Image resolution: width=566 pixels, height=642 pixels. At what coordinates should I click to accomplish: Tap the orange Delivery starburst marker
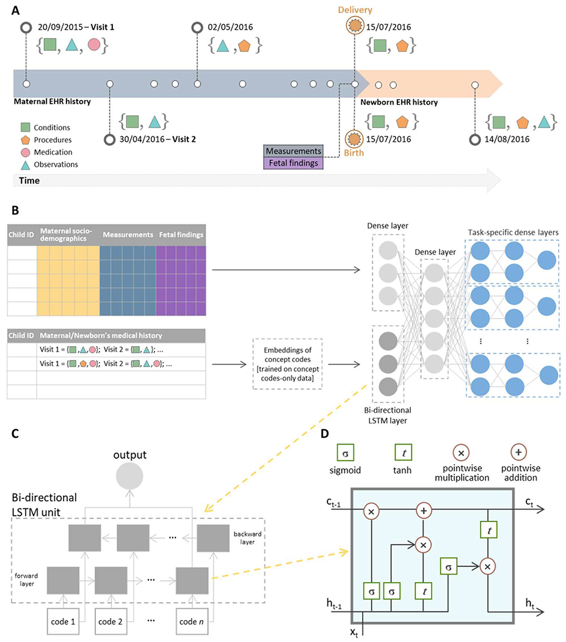[x=355, y=26]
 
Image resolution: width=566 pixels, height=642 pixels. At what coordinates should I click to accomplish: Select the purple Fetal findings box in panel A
[x=293, y=163]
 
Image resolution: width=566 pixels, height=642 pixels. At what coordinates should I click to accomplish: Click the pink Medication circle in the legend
[x=26, y=152]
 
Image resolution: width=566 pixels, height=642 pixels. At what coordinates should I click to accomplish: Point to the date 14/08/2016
[x=507, y=139]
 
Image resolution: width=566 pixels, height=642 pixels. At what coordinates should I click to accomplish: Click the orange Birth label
[x=354, y=153]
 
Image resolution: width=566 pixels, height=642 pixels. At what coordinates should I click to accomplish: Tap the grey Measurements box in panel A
[x=293, y=151]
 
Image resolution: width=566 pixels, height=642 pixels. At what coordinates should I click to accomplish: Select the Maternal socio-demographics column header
[x=66, y=235]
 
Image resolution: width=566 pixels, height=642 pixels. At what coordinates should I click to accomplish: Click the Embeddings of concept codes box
[x=288, y=364]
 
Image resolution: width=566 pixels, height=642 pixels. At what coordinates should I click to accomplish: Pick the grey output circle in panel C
[x=129, y=476]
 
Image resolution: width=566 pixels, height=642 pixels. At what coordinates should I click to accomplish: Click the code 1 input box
[x=63, y=622]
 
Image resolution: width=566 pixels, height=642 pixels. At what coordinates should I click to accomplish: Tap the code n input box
[x=191, y=622]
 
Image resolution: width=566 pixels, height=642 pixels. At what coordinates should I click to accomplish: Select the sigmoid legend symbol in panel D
[x=345, y=453]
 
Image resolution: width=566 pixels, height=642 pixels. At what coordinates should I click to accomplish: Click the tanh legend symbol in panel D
[x=403, y=453]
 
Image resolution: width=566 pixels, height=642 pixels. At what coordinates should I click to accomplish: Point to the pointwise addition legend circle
[x=518, y=452]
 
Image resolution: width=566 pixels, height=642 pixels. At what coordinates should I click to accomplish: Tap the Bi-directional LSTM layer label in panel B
[x=387, y=415]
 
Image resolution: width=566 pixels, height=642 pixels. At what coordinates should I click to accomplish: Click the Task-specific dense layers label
[x=513, y=232]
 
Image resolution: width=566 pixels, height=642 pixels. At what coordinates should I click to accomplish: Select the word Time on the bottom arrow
[x=29, y=180]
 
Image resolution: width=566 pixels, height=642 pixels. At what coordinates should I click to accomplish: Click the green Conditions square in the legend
[x=26, y=127]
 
